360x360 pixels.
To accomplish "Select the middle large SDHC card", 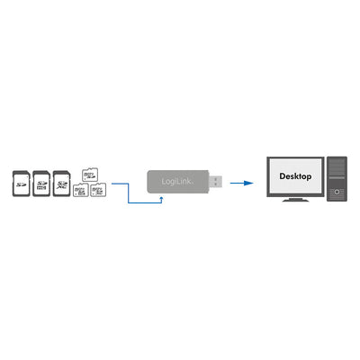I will click(x=40, y=184).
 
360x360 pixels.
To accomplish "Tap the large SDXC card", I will click(x=62, y=184).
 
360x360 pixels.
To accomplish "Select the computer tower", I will click(x=335, y=179).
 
